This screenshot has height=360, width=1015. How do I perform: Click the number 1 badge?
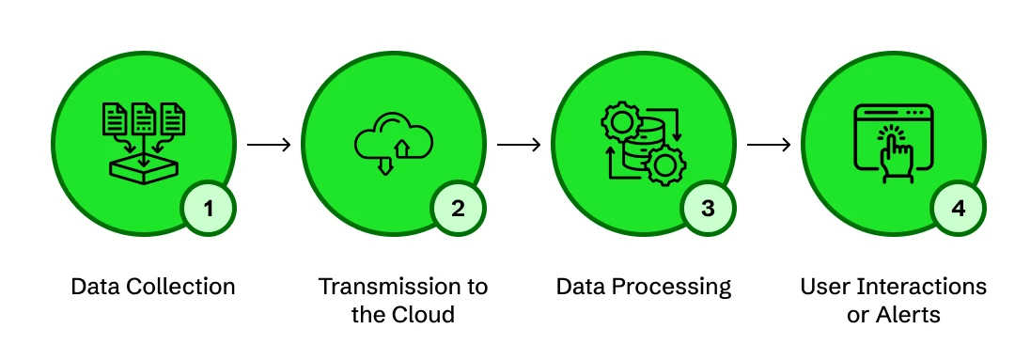[208, 209]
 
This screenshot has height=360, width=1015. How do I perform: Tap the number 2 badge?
[458, 209]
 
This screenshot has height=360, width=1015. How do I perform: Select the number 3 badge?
[708, 209]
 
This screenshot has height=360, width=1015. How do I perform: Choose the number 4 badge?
[958, 209]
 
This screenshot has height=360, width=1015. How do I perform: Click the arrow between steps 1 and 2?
[269, 146]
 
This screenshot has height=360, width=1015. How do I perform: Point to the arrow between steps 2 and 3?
[519, 146]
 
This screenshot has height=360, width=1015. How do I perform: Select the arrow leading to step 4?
[769, 146]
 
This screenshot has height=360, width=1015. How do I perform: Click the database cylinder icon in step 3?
[643, 143]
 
